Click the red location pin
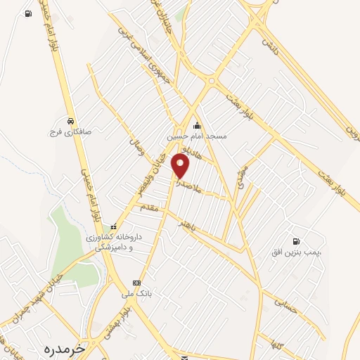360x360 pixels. [181, 166]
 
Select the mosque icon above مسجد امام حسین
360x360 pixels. [197, 125]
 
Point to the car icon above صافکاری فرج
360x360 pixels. [69, 120]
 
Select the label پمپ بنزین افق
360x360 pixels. [296, 251]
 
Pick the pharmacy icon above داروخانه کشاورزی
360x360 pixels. [113, 226]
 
